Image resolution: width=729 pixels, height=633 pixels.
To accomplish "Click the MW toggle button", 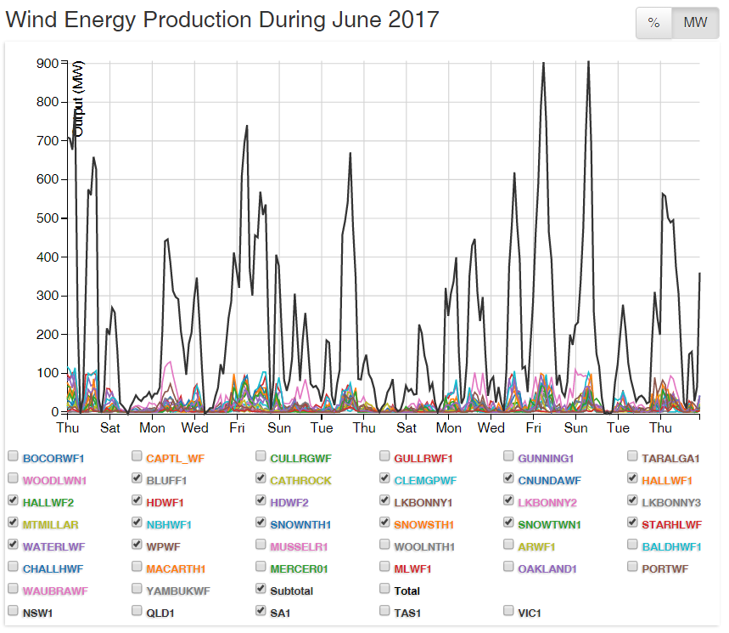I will point(695,23).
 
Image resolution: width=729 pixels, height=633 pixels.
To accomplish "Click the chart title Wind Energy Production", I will point(222,19).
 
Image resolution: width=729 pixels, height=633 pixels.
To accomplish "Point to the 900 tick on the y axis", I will point(48,64).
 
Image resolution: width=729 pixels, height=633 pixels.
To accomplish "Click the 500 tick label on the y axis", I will point(48,218).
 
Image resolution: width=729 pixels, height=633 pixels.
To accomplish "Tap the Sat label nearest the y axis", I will point(109,427).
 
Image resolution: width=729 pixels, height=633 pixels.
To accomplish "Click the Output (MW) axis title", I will point(79,99).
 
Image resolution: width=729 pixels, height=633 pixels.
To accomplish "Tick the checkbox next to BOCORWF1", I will point(13,457).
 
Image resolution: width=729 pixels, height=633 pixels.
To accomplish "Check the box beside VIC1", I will point(509,612).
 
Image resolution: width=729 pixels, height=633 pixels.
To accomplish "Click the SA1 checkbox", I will point(261,612).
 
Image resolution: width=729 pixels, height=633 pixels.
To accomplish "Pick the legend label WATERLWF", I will point(54,546).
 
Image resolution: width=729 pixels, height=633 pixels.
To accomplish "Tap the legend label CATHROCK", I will point(300,480).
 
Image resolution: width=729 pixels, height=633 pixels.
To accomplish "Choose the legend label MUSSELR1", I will point(299,546).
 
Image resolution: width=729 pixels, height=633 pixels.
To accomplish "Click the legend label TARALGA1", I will point(670,458).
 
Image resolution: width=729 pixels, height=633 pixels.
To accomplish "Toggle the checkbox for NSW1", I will point(13,612).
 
